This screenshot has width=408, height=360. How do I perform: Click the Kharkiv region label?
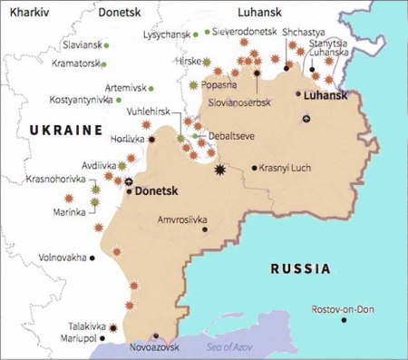tap(27, 13)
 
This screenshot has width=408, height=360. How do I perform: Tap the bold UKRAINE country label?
tap(65, 131)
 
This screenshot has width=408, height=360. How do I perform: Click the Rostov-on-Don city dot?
tap(343, 319)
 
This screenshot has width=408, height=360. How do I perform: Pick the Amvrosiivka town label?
tap(182, 219)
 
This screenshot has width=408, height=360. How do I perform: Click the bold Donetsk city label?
tap(159, 192)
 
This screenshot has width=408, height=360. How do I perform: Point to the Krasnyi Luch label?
tap(284, 169)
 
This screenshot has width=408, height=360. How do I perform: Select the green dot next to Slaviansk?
tap(107, 44)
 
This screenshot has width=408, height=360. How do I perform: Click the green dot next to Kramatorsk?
tap(105, 64)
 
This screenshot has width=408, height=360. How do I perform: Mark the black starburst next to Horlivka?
tap(152, 140)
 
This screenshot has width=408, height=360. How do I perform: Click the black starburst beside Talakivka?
tap(115, 326)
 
